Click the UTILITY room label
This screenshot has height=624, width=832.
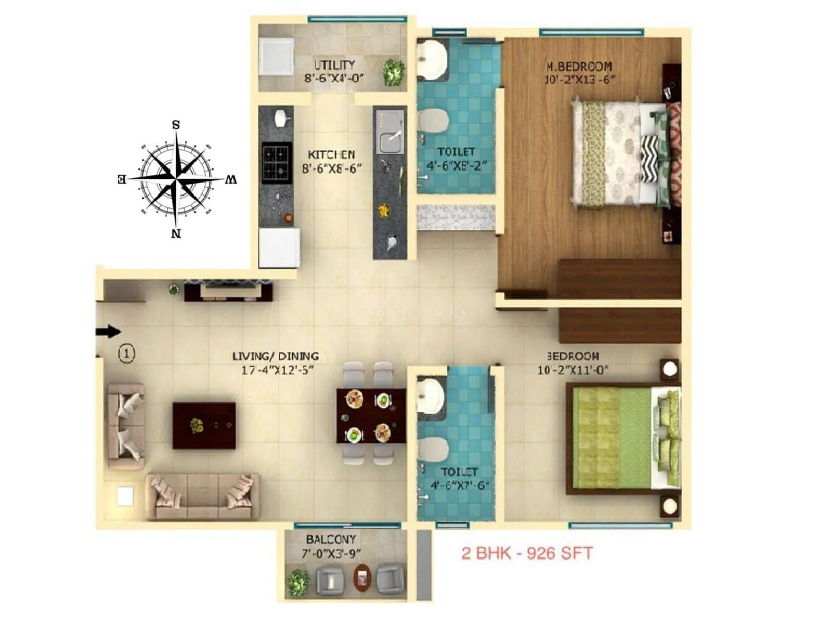tap(334, 65)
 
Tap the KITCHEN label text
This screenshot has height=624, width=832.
tap(331, 154)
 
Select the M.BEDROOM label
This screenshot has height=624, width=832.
tap(579, 67)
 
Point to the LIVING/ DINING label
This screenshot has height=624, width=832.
tap(275, 356)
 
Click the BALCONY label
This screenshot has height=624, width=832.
tap(331, 539)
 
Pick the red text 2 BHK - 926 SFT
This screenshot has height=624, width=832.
tap(527, 553)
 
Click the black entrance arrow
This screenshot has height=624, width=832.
tap(108, 332)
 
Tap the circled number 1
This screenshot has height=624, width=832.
tap(126, 354)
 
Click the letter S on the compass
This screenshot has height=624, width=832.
tap(176, 125)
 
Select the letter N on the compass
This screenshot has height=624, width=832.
tap(176, 233)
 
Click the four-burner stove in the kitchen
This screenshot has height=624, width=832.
tap(276, 161)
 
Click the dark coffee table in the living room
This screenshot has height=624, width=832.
tap(204, 425)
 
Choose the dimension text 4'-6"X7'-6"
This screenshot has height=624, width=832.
tap(459, 486)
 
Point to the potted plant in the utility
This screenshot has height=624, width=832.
tap(393, 73)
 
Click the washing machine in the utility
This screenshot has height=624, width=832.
tap(277, 57)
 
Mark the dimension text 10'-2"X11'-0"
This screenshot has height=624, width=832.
tap(573, 370)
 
